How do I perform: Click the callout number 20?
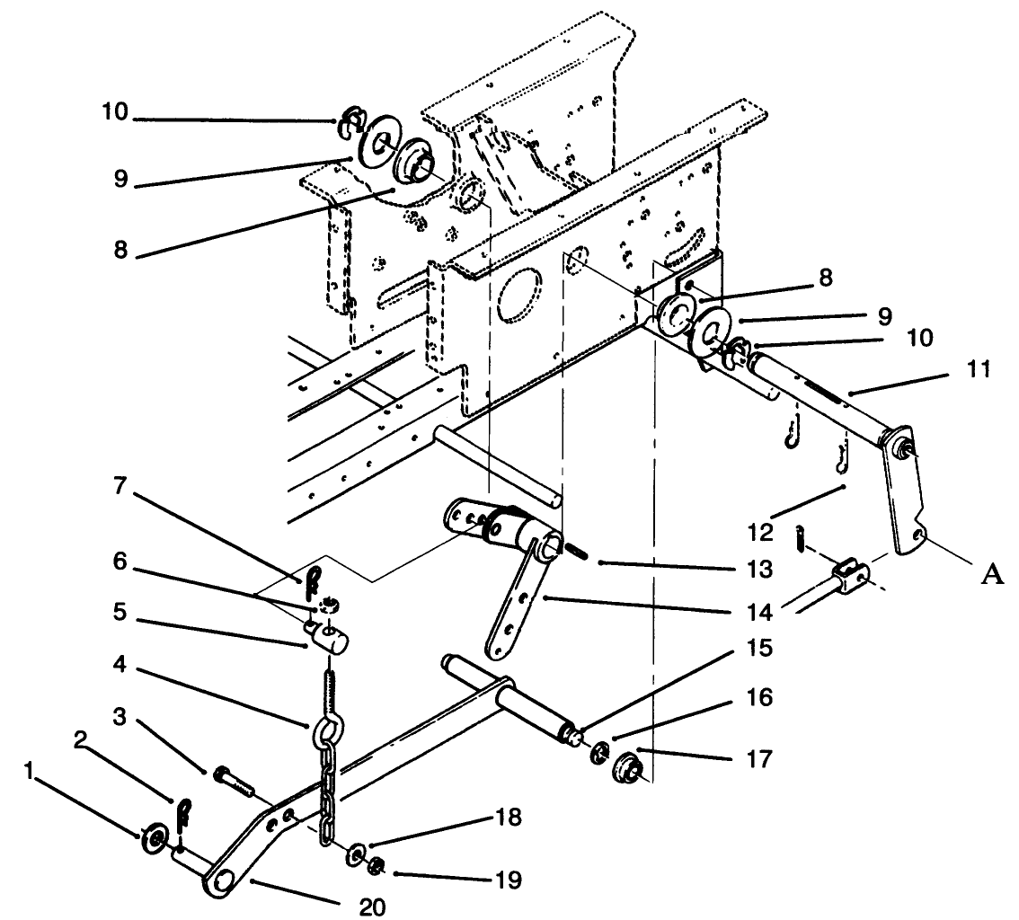click(372, 907)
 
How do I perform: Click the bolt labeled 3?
click(234, 778)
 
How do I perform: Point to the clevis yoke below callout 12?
click(850, 574)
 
